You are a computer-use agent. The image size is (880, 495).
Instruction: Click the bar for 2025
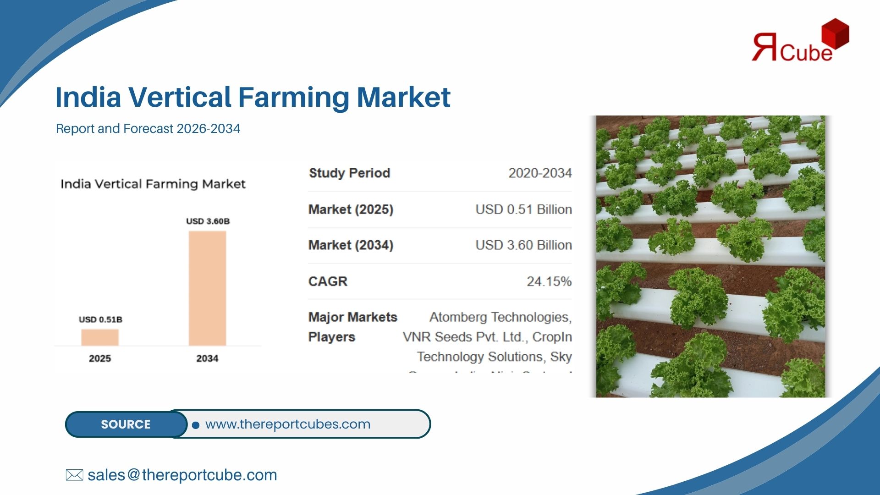[100, 337]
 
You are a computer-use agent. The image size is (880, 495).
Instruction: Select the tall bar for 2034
[207, 288]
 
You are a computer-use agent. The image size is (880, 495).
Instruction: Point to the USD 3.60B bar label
[208, 221]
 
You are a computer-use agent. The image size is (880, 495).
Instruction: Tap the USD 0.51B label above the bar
[100, 319]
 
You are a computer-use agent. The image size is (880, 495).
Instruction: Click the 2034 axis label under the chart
[207, 358]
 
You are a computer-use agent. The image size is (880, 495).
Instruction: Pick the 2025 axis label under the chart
[100, 358]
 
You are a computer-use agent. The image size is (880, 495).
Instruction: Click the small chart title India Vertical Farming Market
[153, 184]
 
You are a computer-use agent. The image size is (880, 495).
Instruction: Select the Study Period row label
[349, 173]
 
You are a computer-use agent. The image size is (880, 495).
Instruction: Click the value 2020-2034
[540, 173]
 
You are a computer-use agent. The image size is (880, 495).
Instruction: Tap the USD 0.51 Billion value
[523, 209]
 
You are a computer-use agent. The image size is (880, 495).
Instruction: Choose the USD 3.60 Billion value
[523, 245]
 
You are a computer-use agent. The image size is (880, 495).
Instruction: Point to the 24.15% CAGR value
[549, 281]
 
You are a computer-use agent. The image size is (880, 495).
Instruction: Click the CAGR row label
[328, 281]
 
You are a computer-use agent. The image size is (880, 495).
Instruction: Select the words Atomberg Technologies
[499, 317]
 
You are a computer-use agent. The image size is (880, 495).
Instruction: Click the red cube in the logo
[835, 33]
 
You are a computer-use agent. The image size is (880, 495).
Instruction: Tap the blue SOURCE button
[126, 424]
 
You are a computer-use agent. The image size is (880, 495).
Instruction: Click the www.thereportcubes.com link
[288, 424]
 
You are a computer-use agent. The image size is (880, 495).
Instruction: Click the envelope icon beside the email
[74, 475]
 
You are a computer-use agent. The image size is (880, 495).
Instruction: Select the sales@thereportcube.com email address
[182, 475]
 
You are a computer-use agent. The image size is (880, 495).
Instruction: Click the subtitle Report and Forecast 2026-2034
[148, 129]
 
